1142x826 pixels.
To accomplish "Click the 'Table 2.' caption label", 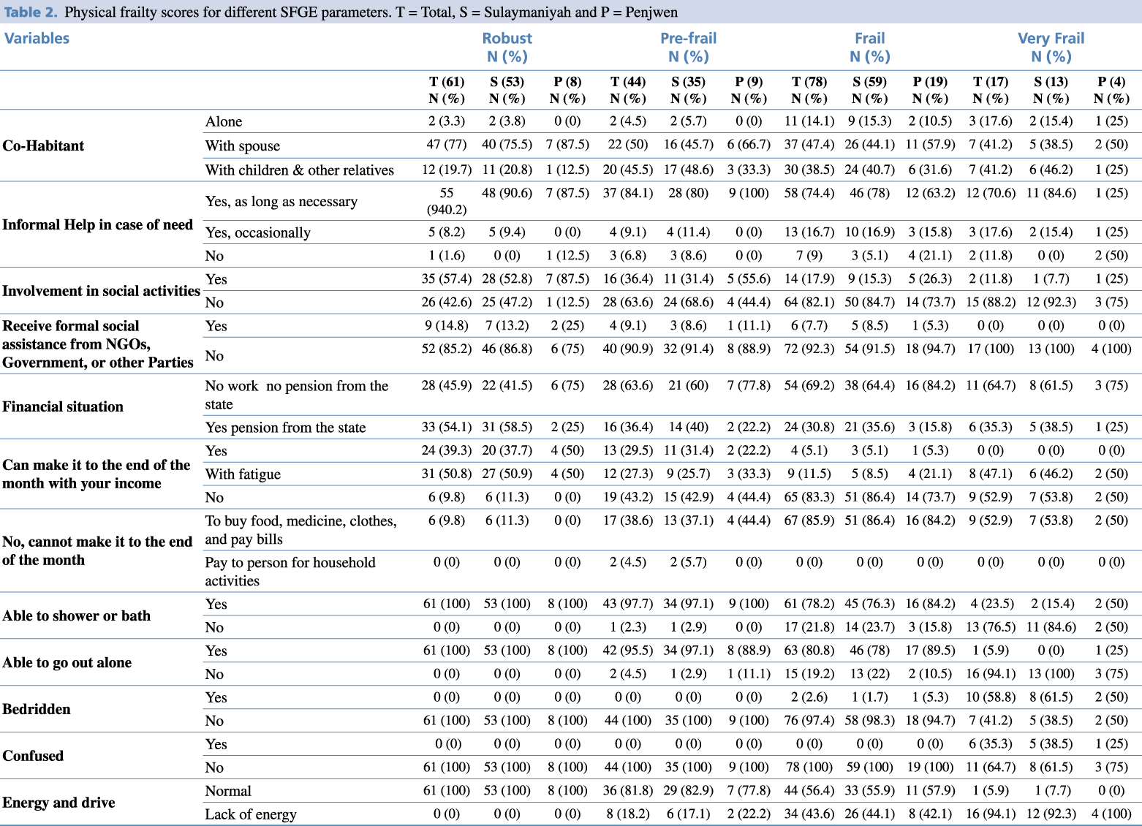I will tap(31, 12).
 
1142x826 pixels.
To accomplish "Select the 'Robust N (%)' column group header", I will tap(507, 48).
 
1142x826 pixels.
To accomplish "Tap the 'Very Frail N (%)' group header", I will tap(1051, 48).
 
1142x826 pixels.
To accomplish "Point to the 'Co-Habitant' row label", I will tap(43, 145).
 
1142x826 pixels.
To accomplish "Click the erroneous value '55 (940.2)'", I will tap(447, 201).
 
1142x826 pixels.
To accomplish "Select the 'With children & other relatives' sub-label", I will tap(300, 170).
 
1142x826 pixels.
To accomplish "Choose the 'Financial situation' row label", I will tap(63, 406).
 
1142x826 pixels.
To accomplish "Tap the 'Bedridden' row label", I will tap(37, 709).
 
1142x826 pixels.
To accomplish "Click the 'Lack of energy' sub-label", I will tap(251, 814).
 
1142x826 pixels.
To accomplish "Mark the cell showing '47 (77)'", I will tap(447, 145).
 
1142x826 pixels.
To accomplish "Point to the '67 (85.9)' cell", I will tap(809, 520).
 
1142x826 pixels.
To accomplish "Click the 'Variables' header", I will tap(37, 39).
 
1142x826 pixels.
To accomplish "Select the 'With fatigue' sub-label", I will tap(243, 474).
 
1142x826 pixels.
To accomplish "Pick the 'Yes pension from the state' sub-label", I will tap(285, 428).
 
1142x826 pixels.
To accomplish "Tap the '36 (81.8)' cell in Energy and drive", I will tap(628, 790).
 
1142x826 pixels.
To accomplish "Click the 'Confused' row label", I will tap(33, 756).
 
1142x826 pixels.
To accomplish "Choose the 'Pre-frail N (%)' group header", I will tap(688, 48).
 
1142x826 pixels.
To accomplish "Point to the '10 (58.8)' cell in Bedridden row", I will tap(991, 697).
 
